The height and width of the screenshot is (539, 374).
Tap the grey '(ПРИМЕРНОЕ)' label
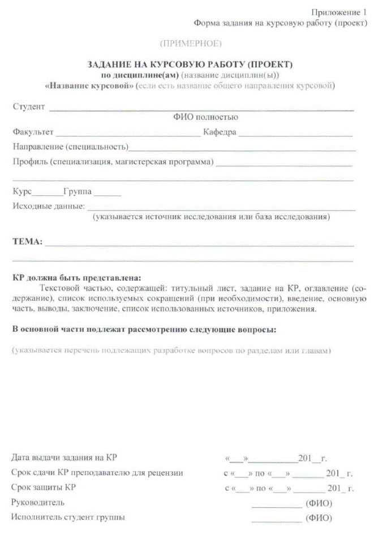[191, 43]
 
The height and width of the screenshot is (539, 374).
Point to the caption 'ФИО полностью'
[205, 117]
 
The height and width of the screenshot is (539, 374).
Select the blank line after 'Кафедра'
[295, 135]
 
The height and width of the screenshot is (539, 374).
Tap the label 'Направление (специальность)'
[70, 147]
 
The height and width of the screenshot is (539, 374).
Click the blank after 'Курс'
[44, 194]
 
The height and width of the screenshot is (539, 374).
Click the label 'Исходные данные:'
[49, 206]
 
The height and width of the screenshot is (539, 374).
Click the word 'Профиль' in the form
[29, 162]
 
